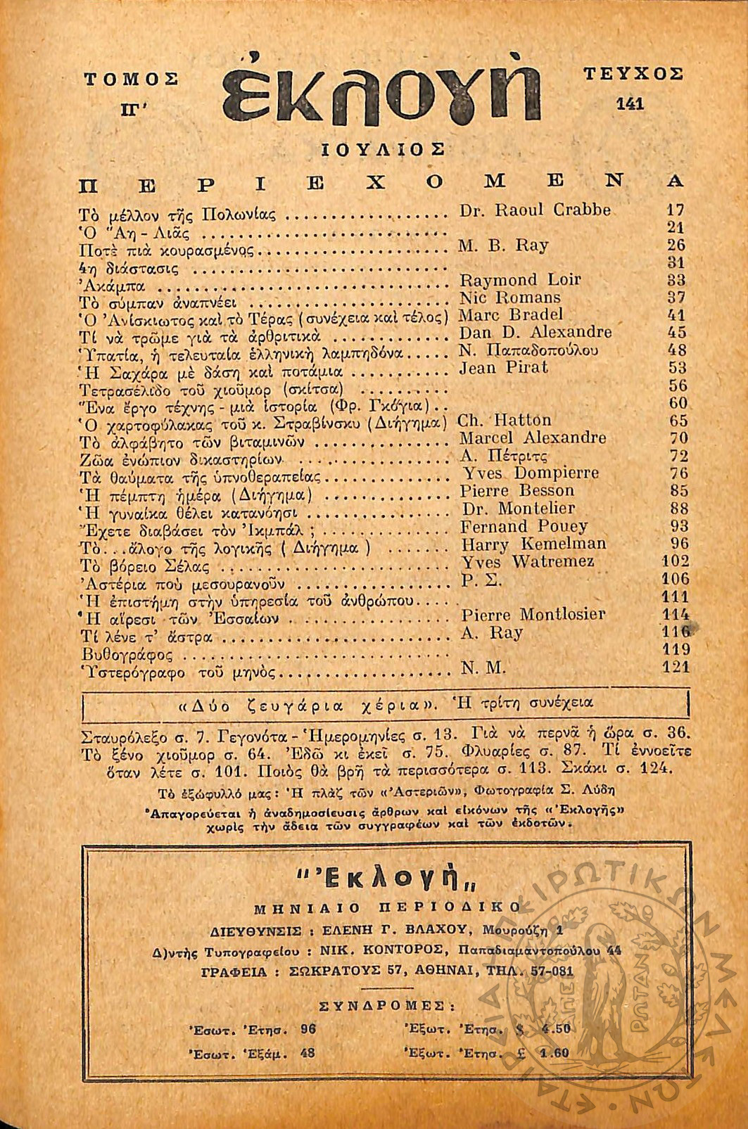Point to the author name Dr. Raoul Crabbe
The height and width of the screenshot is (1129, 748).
[x=535, y=210]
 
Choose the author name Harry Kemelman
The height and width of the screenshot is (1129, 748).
[x=533, y=544]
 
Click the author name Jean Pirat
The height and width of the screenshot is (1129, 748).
[x=503, y=367]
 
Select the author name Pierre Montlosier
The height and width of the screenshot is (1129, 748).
[x=533, y=614]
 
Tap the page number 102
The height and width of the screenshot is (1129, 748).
[x=676, y=561]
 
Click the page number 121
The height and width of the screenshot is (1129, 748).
[x=676, y=667]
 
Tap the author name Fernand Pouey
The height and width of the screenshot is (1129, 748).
[x=524, y=526]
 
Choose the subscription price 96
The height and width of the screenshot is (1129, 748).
[x=308, y=1028]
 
